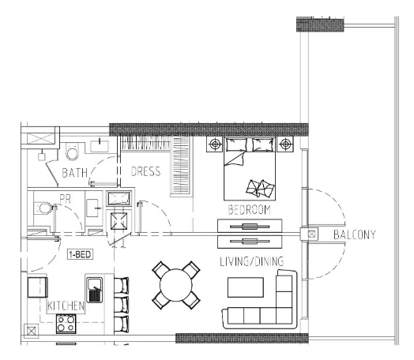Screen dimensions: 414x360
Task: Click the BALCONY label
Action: point(355,234)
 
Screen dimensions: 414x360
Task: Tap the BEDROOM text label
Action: point(249,210)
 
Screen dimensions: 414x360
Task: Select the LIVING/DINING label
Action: point(252,261)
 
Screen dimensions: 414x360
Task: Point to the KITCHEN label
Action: point(66,306)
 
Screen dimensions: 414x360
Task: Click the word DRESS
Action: point(145,171)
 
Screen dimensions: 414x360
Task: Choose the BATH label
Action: point(75,173)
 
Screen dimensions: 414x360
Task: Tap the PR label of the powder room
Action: point(66,199)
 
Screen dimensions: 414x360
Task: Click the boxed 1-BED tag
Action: point(80,254)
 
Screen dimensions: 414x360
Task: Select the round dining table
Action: point(176,285)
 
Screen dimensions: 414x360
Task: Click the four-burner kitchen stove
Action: point(66,324)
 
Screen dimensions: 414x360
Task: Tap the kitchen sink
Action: point(95,290)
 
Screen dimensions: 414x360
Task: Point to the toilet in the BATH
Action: point(72,151)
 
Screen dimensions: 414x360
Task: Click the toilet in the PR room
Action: point(43,208)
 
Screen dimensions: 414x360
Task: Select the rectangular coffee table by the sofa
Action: point(246,287)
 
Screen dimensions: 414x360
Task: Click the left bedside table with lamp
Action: point(215,144)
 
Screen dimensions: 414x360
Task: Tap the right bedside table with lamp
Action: point(285,144)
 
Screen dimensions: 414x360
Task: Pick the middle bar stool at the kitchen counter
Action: point(122,305)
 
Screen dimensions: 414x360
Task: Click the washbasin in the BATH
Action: point(100,146)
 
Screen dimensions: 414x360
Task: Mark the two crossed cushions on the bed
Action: point(260,189)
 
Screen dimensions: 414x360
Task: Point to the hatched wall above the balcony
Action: point(320,25)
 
